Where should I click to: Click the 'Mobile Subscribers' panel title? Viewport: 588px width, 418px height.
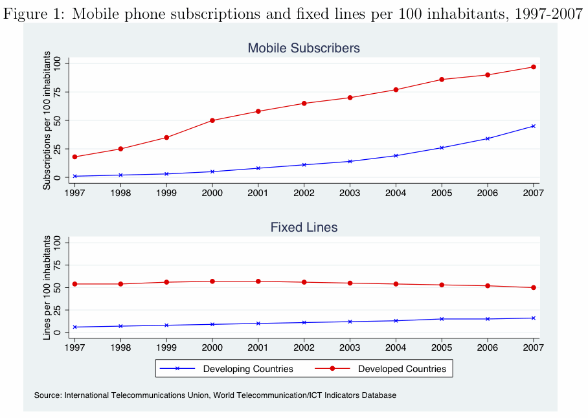[304, 49]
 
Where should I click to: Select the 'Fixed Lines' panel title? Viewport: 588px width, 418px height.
[304, 227]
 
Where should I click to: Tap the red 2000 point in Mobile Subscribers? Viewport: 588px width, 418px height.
[212, 120]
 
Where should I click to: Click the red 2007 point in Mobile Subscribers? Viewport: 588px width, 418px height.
[533, 67]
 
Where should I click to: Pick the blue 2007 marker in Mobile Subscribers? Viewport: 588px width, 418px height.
[533, 126]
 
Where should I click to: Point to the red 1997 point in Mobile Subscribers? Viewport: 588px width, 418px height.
[74, 157]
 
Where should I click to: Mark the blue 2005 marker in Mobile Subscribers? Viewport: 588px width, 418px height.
[442, 148]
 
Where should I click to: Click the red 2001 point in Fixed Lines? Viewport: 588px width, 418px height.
[258, 281]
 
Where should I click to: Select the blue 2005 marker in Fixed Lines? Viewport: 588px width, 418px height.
[442, 319]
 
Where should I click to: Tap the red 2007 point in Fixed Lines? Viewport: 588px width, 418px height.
[533, 288]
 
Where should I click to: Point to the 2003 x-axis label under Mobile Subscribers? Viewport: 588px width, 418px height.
[350, 193]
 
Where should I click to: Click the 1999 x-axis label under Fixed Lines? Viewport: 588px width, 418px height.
[166, 347]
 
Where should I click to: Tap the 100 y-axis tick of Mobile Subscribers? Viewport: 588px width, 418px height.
[58, 63]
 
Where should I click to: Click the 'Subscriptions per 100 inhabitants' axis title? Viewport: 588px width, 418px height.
[47, 120]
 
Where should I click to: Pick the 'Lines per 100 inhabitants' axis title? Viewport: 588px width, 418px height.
[47, 288]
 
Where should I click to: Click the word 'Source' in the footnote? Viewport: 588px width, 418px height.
[47, 395]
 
